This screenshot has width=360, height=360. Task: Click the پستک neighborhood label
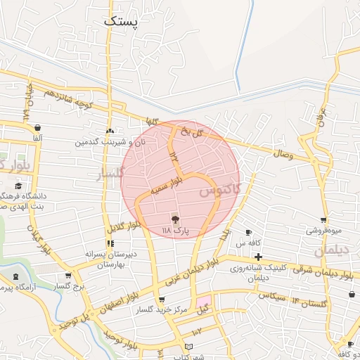click(x=122, y=21)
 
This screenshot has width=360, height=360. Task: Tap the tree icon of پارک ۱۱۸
click(x=176, y=219)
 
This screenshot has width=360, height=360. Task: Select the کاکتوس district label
click(x=219, y=190)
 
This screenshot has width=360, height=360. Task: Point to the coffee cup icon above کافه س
click(x=248, y=232)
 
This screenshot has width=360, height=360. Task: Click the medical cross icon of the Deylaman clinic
click(x=259, y=257)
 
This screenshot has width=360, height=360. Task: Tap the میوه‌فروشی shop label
click(x=323, y=230)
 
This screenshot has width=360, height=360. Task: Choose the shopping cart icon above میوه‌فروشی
click(x=323, y=220)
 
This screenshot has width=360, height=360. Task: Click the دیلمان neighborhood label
click(x=331, y=250)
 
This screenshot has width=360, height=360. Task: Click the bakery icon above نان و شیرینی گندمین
click(x=109, y=131)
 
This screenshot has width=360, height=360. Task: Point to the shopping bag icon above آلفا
click(x=37, y=128)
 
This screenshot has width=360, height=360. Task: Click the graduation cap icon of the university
click(x=18, y=186)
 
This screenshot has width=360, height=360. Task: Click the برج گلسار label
click(x=70, y=286)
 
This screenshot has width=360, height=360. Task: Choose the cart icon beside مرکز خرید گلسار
click(x=162, y=300)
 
